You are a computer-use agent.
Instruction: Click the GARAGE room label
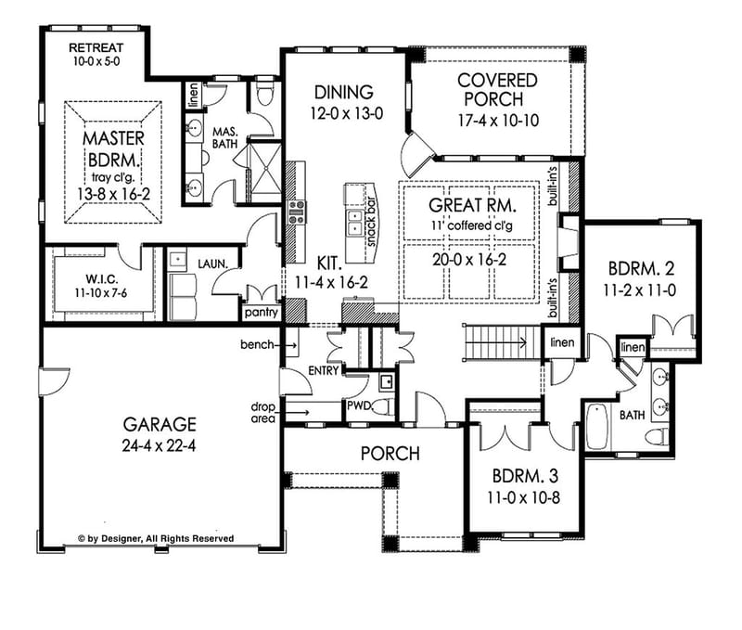(160, 424)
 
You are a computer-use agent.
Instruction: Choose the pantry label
(262, 313)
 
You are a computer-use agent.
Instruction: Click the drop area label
(261, 411)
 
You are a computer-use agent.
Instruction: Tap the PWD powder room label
(359, 405)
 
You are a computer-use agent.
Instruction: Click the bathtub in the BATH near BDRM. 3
(596, 424)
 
